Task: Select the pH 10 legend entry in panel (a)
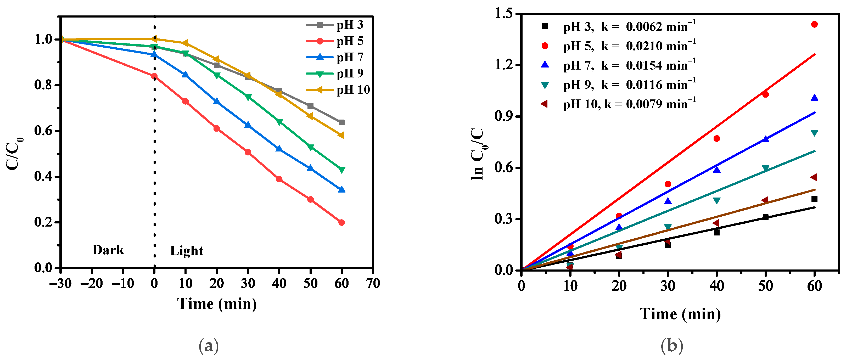[x=353, y=90]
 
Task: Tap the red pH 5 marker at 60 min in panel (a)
[x=341, y=223]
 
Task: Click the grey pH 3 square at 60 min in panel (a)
[x=341, y=122]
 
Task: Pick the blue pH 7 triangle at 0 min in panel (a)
[x=154, y=54]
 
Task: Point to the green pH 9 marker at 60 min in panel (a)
[x=341, y=170]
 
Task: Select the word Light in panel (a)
[x=187, y=251]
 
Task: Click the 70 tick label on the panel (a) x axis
[x=373, y=283]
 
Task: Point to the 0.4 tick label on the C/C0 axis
[x=43, y=177]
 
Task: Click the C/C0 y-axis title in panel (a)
[x=14, y=154]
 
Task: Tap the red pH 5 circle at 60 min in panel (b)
[x=814, y=24]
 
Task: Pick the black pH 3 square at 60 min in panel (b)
[x=814, y=199]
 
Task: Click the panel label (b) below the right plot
[x=672, y=346]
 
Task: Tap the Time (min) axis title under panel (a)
[x=217, y=304]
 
